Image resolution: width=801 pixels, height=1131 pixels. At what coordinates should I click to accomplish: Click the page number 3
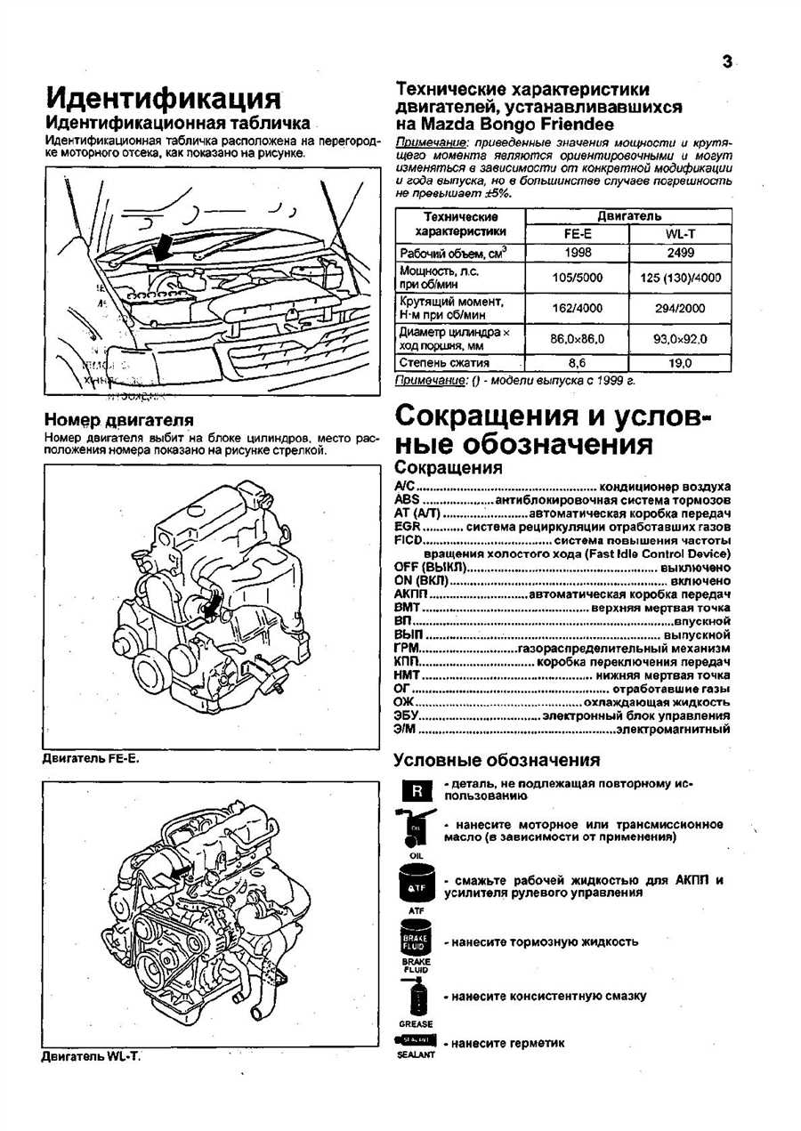tap(727, 61)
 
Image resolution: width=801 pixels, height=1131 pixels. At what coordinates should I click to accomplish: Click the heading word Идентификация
tap(163, 98)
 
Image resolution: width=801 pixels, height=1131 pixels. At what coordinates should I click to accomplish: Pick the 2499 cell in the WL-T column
tap(680, 254)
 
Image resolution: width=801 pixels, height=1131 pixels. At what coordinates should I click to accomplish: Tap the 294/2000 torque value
tap(680, 308)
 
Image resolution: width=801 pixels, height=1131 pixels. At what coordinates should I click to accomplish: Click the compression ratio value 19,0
tap(680, 363)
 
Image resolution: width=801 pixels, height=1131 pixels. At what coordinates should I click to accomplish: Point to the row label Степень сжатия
tap(445, 363)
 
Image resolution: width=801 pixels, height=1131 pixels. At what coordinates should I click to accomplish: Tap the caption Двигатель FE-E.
tap(92, 759)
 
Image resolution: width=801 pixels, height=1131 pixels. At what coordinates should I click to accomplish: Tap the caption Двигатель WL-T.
tap(92, 1056)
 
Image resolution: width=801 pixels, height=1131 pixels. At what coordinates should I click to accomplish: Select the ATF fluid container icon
tap(416, 885)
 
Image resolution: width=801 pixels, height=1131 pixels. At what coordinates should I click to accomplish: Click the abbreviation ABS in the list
tap(406, 500)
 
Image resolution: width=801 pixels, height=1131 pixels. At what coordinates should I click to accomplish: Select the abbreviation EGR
tap(407, 527)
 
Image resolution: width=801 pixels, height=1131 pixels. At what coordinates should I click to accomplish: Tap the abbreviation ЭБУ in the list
tap(406, 715)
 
